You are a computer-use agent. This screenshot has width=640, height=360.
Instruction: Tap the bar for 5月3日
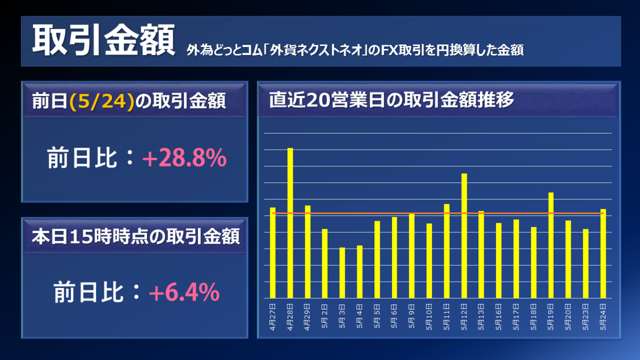[342, 273]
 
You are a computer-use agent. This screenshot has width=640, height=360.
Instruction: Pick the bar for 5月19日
[551, 245]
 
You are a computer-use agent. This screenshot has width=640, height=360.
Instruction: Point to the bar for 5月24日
[603, 253]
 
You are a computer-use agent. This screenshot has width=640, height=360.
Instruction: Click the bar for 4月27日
[273, 253]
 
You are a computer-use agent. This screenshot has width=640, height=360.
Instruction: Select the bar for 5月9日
[412, 255]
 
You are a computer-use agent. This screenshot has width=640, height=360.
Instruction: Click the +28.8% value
[185, 158]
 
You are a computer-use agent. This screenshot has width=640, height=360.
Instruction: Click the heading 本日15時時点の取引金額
[135, 235]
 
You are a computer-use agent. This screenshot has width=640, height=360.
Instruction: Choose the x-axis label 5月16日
[499, 317]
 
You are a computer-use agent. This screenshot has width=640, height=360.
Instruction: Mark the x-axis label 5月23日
[586, 317]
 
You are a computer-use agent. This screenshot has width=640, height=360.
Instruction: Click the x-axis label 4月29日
[308, 317]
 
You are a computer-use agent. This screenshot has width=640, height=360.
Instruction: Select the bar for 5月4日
[360, 271]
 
